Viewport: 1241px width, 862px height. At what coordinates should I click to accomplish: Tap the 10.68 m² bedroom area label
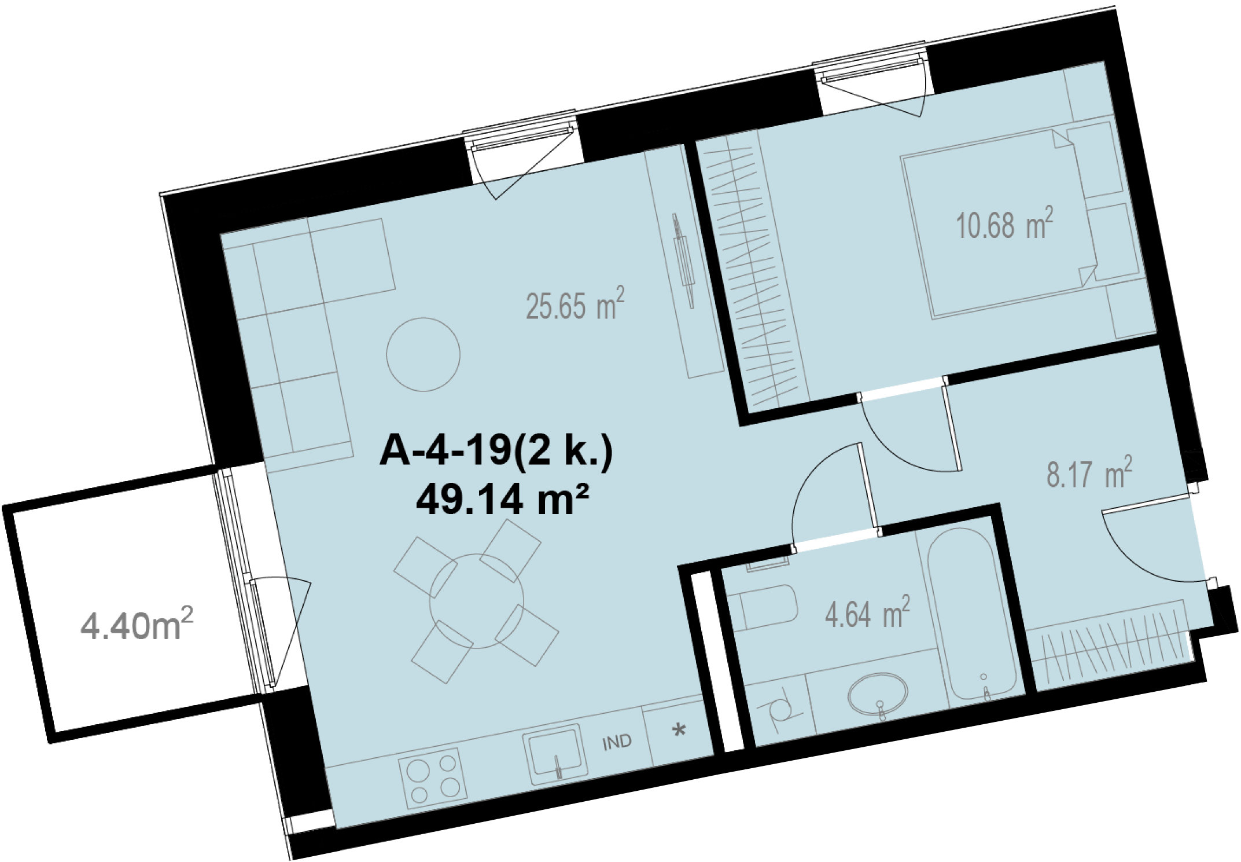click(1004, 224)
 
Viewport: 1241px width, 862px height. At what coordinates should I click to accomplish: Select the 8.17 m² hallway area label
click(1089, 473)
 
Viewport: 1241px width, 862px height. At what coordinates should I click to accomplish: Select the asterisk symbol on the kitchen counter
click(679, 731)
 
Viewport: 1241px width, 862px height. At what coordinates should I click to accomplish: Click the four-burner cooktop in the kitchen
click(433, 779)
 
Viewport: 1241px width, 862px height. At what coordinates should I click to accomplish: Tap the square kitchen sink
click(555, 754)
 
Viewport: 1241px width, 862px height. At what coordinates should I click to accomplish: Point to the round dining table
click(476, 601)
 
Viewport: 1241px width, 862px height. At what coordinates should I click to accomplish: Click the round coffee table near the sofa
click(424, 354)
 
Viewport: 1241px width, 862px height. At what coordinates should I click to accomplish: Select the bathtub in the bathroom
click(971, 614)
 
